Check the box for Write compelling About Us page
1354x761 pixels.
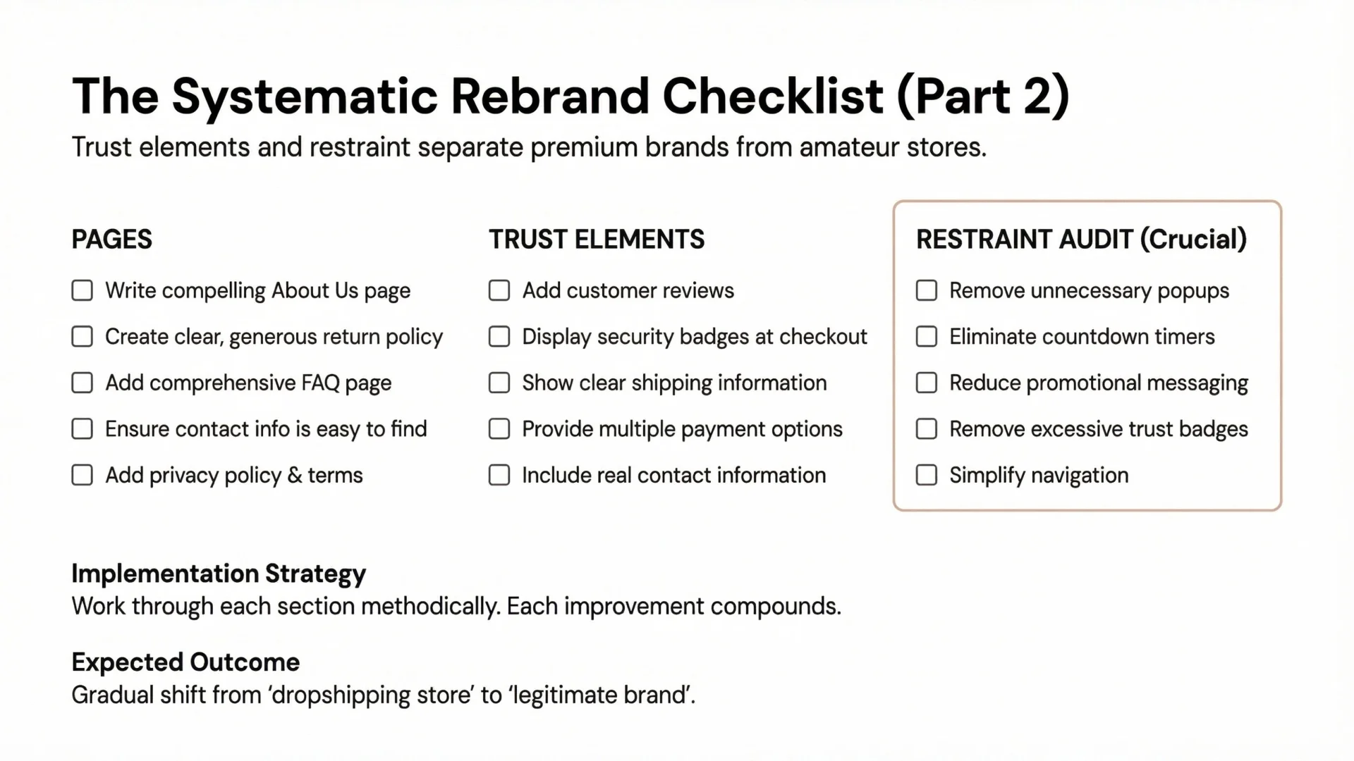(x=83, y=290)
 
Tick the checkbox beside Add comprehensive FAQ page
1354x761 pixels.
(x=83, y=383)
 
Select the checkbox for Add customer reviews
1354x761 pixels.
(x=499, y=290)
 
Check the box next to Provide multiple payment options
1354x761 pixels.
(x=499, y=429)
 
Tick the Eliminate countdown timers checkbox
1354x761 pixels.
(x=927, y=337)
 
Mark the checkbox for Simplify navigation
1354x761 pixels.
(x=927, y=475)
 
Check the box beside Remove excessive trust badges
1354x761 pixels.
(x=927, y=429)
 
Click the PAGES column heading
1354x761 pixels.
(x=111, y=240)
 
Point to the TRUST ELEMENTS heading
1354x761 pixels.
(x=597, y=240)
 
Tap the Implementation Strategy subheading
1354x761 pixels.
(x=219, y=574)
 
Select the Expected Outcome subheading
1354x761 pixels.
(x=185, y=662)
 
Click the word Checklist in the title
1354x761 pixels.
(x=773, y=96)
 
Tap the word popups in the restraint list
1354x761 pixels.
(x=1193, y=291)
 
